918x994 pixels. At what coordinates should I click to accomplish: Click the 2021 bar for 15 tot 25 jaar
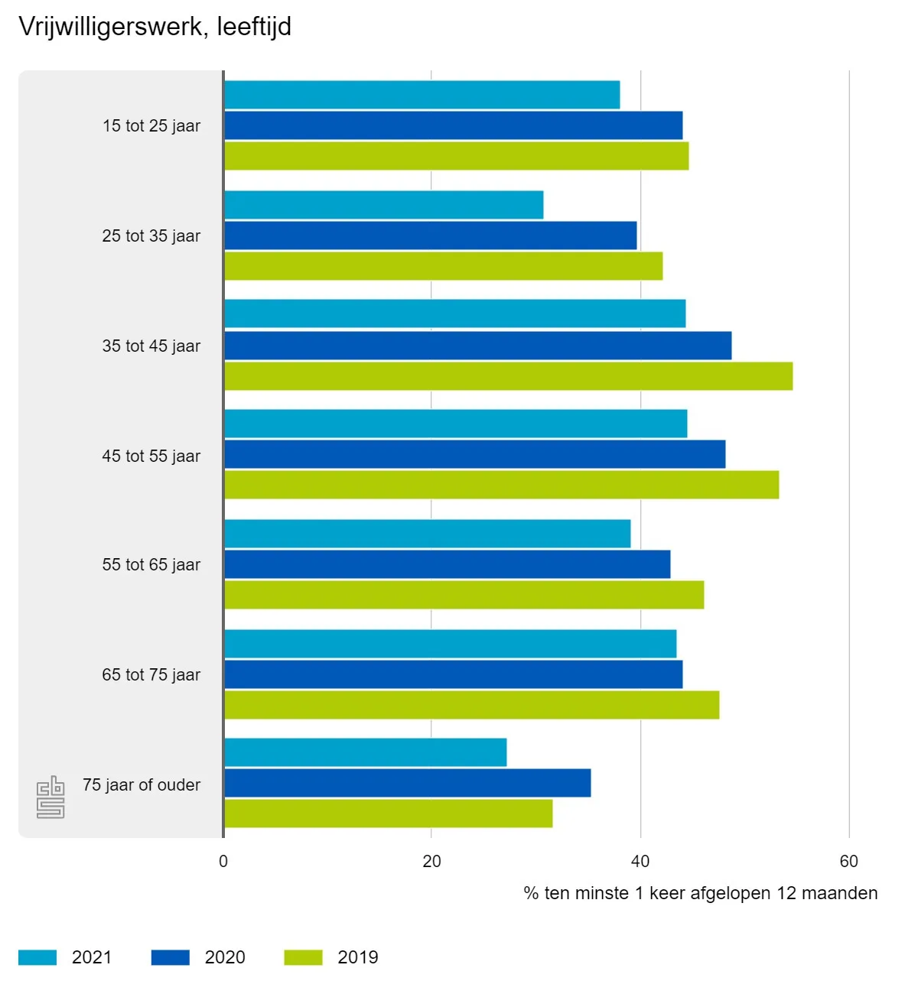(422, 95)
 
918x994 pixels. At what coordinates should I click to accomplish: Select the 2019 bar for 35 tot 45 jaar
(508, 376)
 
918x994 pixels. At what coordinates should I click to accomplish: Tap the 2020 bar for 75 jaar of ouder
(407, 783)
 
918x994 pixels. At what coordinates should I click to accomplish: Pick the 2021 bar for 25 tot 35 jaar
(383, 205)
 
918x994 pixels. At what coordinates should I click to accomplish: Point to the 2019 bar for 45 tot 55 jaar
(501, 485)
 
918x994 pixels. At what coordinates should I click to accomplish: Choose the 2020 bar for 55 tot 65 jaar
(447, 564)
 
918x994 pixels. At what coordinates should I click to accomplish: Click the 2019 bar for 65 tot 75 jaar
(471, 705)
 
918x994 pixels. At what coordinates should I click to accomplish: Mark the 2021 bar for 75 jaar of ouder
(365, 752)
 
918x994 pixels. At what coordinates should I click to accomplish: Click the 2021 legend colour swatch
(37, 957)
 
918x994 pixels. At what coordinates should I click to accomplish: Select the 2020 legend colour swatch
(170, 957)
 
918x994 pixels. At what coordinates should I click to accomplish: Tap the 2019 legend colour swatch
(303, 957)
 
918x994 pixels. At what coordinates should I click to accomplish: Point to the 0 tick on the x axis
(223, 862)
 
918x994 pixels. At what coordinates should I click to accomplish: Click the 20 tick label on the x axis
(431, 862)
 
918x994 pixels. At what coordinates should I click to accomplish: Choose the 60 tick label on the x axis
(848, 862)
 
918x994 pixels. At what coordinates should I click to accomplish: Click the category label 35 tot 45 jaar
(151, 346)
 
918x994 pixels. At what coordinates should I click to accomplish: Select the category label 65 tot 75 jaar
(151, 675)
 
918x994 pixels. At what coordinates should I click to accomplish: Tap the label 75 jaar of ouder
(142, 785)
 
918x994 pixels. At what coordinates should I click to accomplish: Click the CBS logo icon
(50, 797)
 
